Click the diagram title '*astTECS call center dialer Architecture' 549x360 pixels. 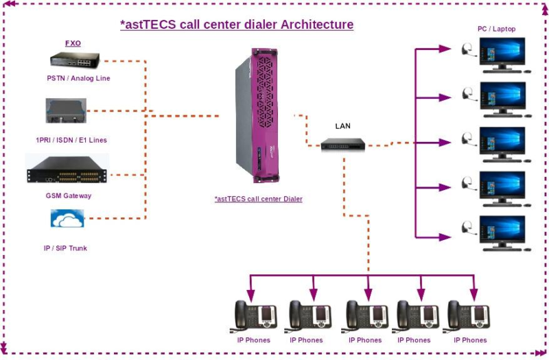click(237, 25)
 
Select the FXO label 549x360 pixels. click(73, 43)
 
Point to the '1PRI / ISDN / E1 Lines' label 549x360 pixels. click(71, 140)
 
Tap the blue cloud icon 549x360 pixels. click(67, 219)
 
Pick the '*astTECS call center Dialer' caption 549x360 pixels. click(259, 199)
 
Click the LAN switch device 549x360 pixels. click(343, 144)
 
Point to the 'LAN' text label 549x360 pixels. click(342, 126)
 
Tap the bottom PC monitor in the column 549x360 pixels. click(502, 232)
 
